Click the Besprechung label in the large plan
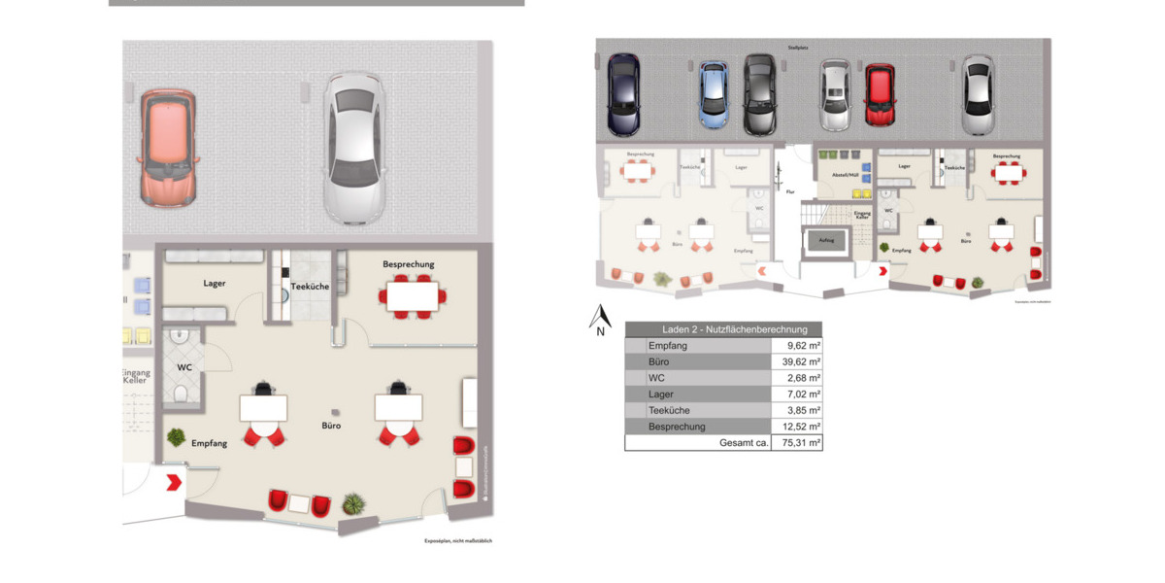tap(409, 264)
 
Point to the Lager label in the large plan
tap(215, 284)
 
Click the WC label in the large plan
tap(184, 367)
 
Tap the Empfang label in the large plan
tap(209, 443)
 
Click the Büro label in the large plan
tap(332, 426)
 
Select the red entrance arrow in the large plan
tap(174, 481)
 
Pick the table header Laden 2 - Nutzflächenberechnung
tap(723, 329)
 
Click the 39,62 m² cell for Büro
tap(796, 361)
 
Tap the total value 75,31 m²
tap(796, 442)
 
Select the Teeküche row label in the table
tap(669, 410)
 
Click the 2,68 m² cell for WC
tap(796, 378)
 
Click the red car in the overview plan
tap(880, 94)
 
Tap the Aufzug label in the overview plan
tap(826, 239)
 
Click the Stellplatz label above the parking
tap(799, 46)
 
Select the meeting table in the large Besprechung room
tap(413, 295)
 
